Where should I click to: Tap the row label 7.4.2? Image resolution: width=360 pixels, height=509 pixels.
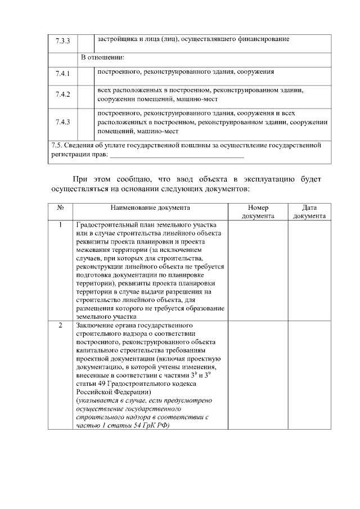click(x=62, y=94)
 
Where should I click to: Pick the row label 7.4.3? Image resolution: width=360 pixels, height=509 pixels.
click(x=62, y=122)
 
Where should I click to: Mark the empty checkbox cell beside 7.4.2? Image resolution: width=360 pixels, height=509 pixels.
click(x=85, y=94)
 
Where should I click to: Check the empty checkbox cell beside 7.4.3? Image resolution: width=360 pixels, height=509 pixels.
click(x=85, y=122)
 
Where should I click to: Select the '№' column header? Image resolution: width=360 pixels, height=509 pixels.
click(x=61, y=208)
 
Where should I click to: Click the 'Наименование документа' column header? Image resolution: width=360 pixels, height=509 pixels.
click(x=150, y=208)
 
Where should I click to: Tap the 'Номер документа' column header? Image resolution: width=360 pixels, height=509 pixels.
click(x=258, y=211)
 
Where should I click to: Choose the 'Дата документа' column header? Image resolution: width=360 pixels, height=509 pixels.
click(x=309, y=211)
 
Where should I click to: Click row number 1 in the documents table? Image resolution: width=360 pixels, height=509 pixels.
click(x=61, y=226)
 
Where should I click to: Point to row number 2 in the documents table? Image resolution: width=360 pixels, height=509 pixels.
click(x=61, y=326)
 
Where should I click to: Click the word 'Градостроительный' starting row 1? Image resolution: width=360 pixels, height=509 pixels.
click(x=104, y=226)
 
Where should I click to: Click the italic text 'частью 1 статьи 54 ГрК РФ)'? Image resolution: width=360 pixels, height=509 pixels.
click(x=122, y=426)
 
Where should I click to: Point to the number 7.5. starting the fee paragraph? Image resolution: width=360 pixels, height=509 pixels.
click(x=57, y=145)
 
